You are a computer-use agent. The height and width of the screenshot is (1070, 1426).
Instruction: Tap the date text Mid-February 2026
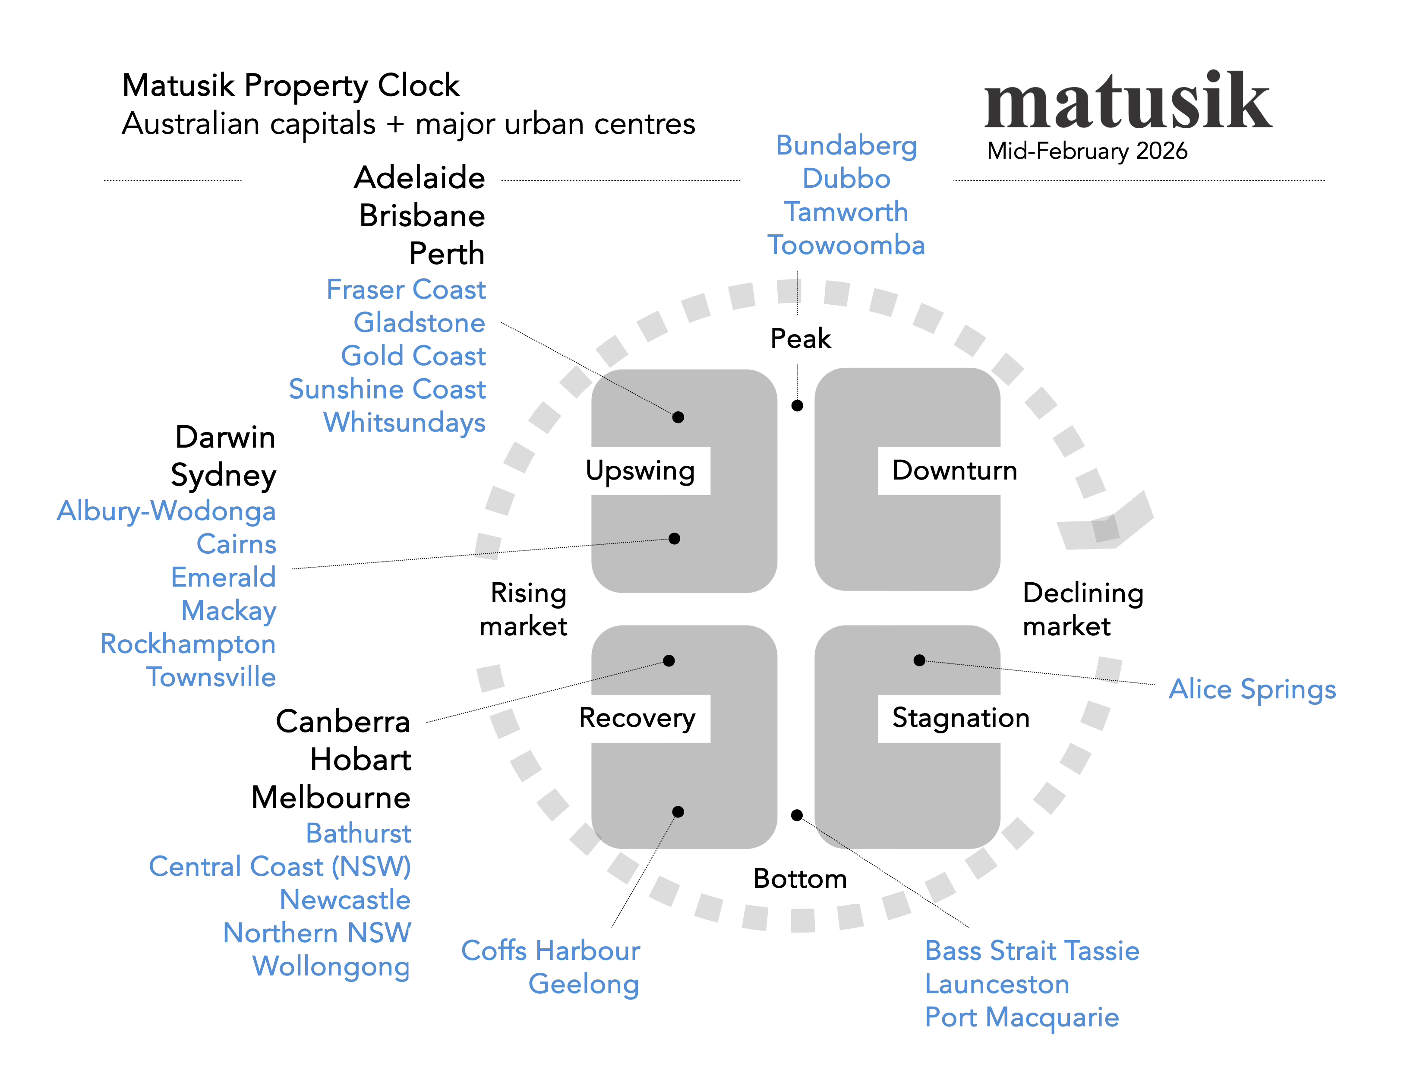1087,151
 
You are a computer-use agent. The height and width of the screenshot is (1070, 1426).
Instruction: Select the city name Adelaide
420,177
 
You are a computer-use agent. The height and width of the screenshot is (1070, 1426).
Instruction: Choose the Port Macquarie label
1022,1017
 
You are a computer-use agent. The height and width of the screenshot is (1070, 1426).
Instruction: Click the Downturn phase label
954,470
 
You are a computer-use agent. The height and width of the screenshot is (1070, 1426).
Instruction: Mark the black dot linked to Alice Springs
920,660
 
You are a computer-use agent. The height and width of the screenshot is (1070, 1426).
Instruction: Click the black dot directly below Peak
798,405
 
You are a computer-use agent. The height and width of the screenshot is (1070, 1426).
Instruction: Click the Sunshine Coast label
387,389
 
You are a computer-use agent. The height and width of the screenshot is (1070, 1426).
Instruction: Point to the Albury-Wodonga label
166,511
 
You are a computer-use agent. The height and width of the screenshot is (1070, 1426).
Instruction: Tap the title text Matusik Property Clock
291,85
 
